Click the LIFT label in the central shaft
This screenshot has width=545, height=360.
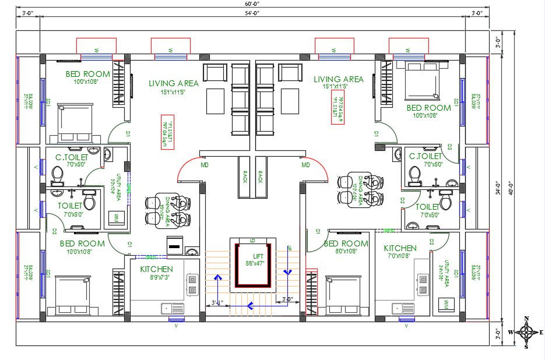pyautogui.click(x=258, y=256)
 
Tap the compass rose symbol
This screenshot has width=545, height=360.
pyautogui.click(x=527, y=333)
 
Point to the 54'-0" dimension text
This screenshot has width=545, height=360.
pyautogui.click(x=252, y=12)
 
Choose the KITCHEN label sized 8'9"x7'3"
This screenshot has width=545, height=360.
pyautogui.click(x=156, y=269)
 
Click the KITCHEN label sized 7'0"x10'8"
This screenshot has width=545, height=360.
pyautogui.click(x=400, y=248)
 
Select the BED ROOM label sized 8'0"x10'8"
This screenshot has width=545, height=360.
pyautogui.click(x=346, y=243)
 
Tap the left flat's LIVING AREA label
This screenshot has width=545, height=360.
pyautogui.click(x=173, y=83)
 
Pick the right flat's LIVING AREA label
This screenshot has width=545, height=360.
pyautogui.click(x=339, y=79)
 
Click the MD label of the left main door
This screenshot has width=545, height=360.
pyautogui.click(x=205, y=165)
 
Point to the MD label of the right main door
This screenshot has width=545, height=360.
pyautogui.click(x=305, y=165)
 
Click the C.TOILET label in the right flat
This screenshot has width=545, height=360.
pyautogui.click(x=426, y=156)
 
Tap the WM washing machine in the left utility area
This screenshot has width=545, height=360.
pyautogui.click(x=115, y=217)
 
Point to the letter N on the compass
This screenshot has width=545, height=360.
pyautogui.click(x=527, y=319)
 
